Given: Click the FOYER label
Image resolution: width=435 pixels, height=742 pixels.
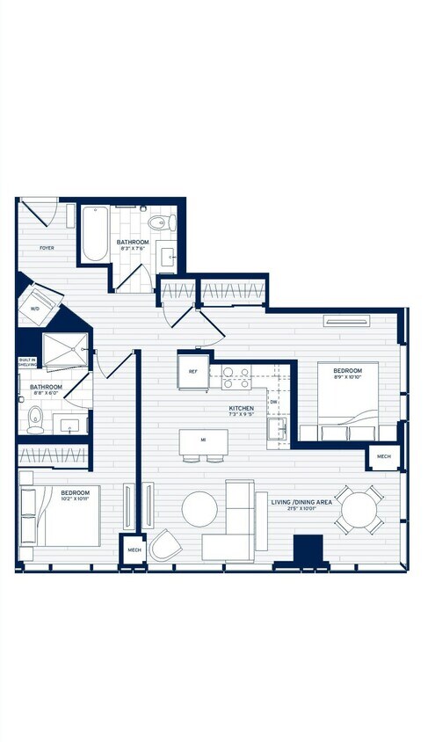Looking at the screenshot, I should click(47, 248).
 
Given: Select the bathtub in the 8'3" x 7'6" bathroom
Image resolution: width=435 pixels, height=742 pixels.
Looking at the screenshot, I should click(94, 234).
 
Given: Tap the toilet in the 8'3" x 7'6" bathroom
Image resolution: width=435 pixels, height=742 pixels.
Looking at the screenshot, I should click(158, 222).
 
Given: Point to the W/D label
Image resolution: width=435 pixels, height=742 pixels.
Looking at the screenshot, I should click(35, 309).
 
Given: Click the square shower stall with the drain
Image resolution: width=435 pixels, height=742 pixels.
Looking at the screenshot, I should click(66, 350).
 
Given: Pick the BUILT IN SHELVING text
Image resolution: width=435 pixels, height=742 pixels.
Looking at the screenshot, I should click(26, 365).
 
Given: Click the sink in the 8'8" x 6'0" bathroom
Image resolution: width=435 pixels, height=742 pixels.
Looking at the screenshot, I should click(70, 425).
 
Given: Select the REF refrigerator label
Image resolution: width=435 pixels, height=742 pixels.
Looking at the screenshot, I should click(193, 371).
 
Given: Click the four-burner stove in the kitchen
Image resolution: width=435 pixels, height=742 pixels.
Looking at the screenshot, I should click(236, 378).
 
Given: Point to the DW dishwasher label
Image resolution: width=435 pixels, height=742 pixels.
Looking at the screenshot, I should click(273, 402).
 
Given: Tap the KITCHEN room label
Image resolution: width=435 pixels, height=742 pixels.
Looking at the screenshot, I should click(242, 409).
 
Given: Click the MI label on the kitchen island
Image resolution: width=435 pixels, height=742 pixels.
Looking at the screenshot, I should click(203, 438).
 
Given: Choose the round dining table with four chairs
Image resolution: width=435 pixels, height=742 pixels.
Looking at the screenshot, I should click(359, 509).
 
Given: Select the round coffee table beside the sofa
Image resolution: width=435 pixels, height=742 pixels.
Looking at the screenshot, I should click(199, 508).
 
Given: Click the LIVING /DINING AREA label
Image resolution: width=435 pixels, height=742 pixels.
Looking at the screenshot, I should click(301, 503).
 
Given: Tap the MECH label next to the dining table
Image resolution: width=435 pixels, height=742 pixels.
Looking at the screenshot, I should click(384, 456).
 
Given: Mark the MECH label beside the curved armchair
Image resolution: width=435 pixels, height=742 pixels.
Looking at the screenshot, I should click(134, 550).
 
